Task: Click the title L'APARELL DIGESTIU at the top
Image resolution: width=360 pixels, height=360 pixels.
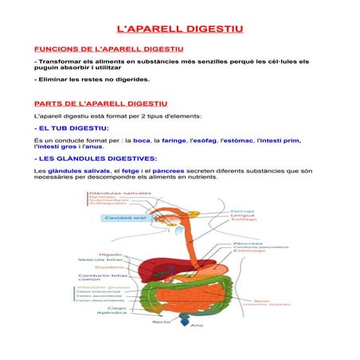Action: pos(180,29)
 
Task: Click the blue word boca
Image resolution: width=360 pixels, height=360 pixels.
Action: pos(142,140)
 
